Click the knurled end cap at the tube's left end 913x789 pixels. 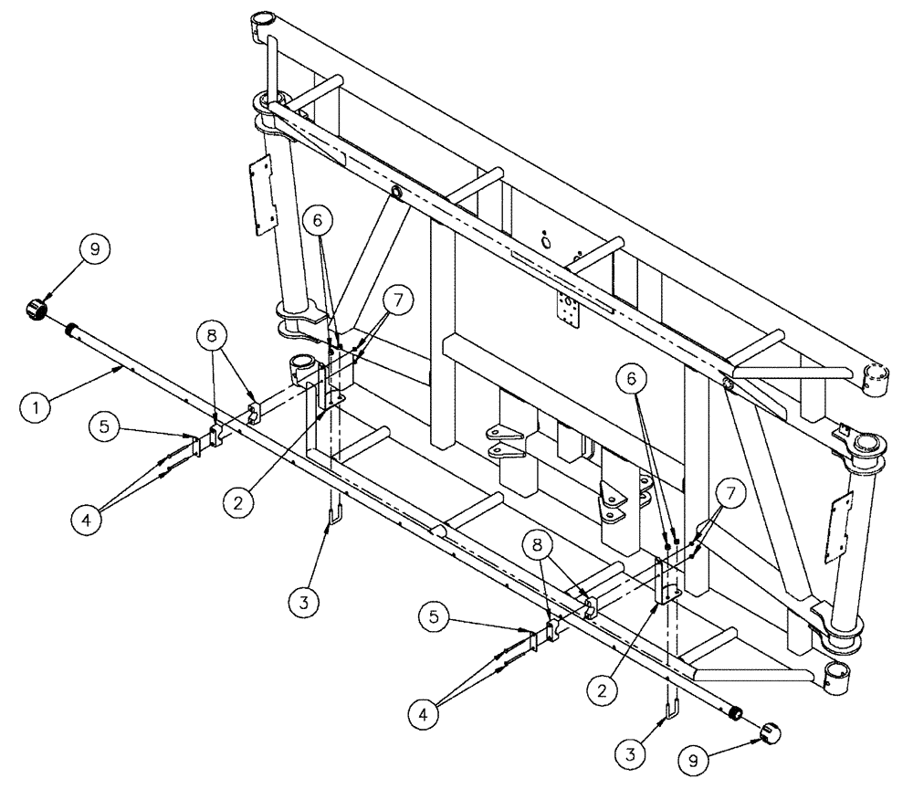tap(37, 310)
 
